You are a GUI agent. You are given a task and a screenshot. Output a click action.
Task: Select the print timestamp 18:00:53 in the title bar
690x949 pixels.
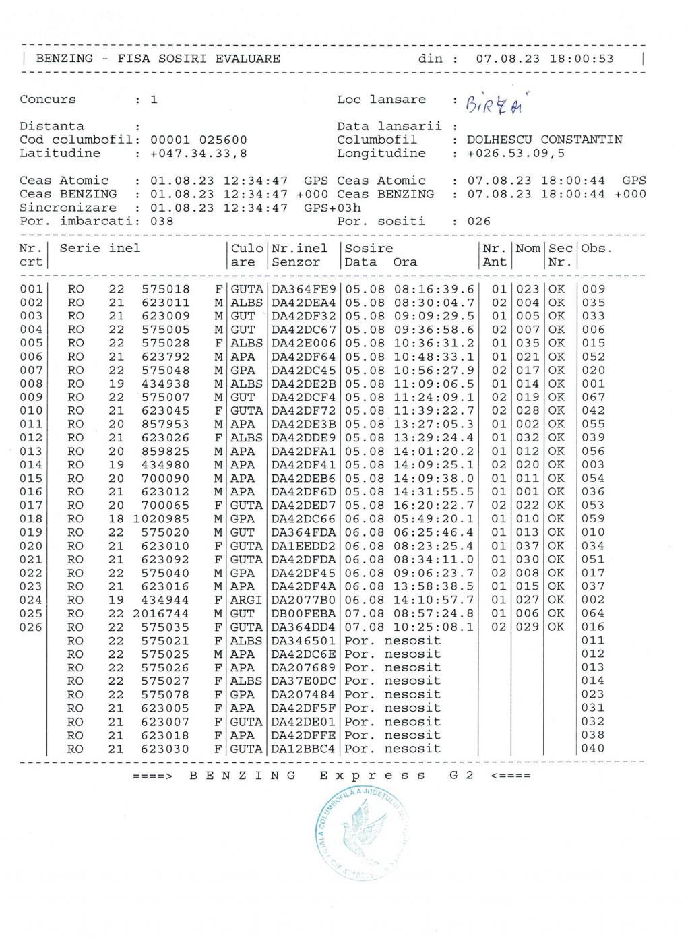click(x=582, y=59)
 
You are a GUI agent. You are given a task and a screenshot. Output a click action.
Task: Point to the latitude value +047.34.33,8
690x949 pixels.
click(x=199, y=153)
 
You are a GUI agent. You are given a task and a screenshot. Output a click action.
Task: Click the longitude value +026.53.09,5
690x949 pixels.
click(x=515, y=153)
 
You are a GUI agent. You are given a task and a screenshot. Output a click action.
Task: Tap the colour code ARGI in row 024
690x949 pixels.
click(x=247, y=600)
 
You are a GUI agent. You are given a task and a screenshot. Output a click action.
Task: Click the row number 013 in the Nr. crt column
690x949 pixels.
click(x=31, y=451)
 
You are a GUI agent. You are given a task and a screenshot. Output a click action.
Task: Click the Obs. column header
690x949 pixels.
click(x=597, y=248)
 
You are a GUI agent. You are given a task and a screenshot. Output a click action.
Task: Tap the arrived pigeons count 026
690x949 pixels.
click(x=479, y=221)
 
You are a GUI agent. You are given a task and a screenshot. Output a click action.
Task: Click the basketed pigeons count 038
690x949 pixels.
click(x=162, y=221)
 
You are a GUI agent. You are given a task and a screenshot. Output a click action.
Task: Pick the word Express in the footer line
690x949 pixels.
click(x=372, y=775)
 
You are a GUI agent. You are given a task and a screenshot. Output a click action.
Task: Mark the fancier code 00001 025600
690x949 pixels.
click(x=199, y=140)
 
